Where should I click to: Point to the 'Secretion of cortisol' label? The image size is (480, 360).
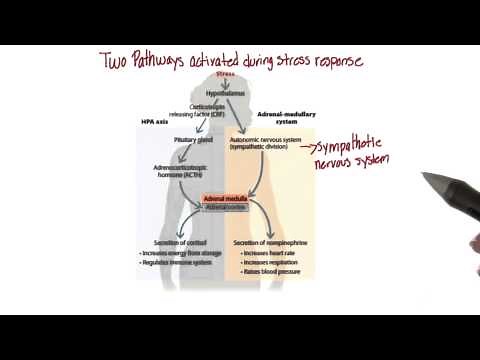(x=174, y=243)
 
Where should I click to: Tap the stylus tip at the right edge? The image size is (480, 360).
(x=425, y=179)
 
